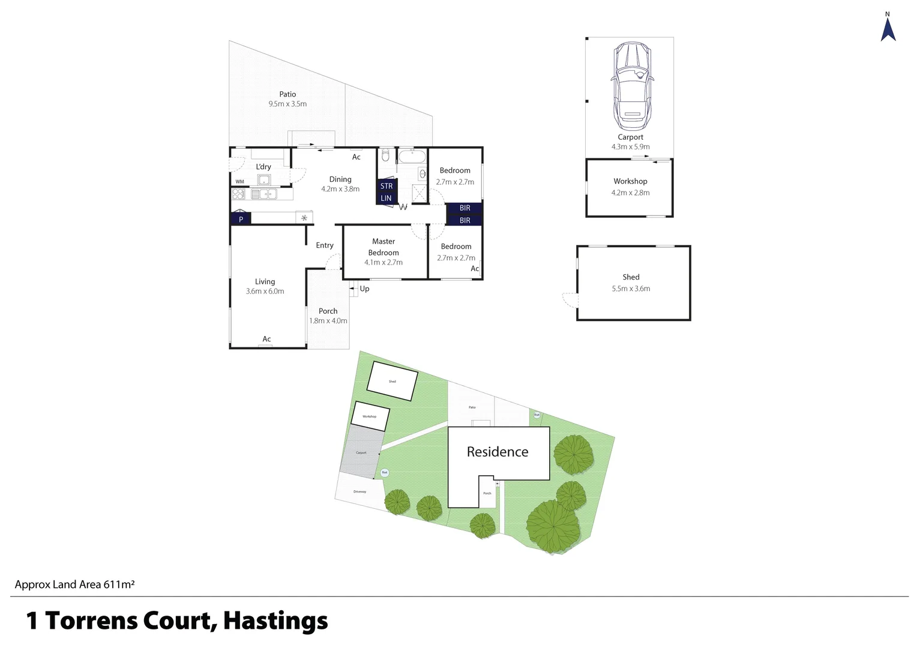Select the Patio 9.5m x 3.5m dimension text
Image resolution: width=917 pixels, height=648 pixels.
287,104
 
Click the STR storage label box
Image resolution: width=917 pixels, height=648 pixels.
386,186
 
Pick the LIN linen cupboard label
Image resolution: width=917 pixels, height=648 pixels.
386,198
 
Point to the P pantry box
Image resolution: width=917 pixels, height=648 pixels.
241,219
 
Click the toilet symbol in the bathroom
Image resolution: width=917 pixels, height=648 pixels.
386,156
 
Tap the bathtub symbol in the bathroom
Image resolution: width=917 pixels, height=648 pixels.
412,157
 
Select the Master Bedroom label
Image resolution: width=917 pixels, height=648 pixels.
383,247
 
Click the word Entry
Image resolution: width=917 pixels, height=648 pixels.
325,245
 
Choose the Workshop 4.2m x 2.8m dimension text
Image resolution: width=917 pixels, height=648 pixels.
630,193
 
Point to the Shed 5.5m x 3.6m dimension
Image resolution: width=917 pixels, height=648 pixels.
631,289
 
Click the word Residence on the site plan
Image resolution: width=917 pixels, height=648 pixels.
498,452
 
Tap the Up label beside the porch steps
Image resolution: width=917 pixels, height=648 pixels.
364,289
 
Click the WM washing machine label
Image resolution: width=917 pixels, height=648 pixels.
240,181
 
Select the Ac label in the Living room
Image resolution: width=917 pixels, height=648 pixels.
266,339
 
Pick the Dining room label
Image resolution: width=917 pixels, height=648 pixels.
340,179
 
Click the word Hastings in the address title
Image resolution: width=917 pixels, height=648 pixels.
275,621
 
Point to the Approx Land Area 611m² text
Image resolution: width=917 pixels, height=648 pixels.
74,584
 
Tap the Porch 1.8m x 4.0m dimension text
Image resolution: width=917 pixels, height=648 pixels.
328,321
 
